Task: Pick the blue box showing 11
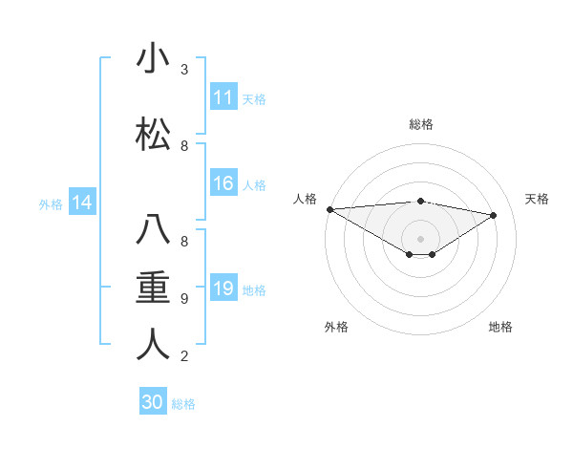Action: tap(223, 97)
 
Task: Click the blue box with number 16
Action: tap(223, 183)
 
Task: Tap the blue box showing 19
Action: tap(223, 289)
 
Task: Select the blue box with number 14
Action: tap(81, 203)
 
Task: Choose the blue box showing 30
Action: tap(153, 402)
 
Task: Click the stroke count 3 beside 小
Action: tap(184, 70)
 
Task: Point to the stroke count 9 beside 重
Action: tap(184, 299)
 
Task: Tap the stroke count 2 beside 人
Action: tap(184, 356)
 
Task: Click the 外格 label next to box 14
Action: tap(51, 203)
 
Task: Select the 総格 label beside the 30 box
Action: tap(183, 404)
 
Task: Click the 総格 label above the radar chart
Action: tap(421, 124)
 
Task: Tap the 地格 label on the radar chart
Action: tap(500, 327)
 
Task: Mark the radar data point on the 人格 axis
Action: tap(329, 209)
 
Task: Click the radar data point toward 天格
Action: tap(494, 215)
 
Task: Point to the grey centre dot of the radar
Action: tap(420, 237)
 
